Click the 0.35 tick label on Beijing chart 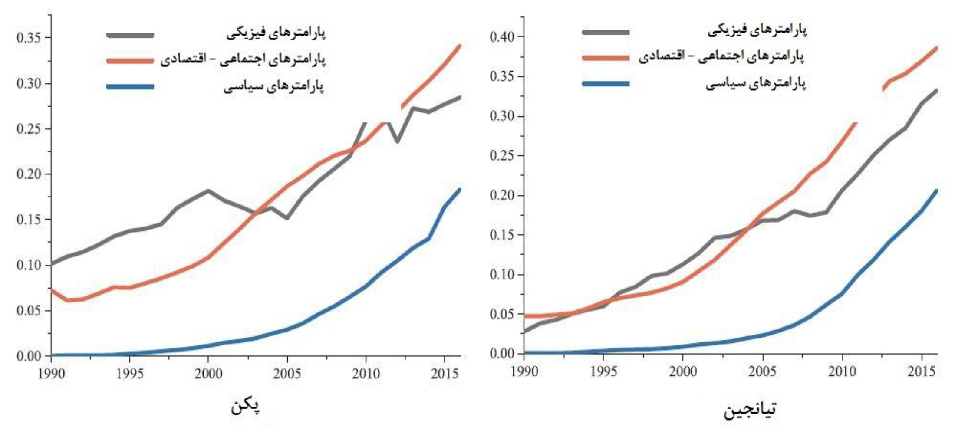[28, 38]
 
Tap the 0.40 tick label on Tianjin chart [502, 36]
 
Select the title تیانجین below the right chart [750, 409]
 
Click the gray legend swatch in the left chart [130, 35]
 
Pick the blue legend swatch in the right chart [606, 83]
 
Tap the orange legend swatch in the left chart [130, 61]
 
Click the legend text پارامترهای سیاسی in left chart [273, 87]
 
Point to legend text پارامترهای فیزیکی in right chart [757, 30]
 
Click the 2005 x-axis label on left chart [286, 374]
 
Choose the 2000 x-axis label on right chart [683, 371]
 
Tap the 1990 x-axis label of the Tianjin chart [524, 371]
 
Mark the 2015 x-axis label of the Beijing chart [445, 374]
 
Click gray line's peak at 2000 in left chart [208, 191]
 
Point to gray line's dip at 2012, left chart [397, 141]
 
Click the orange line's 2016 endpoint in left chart [460, 46]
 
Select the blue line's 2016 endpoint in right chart [936, 191]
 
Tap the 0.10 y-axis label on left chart [28, 265]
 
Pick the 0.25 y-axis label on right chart [502, 155]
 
